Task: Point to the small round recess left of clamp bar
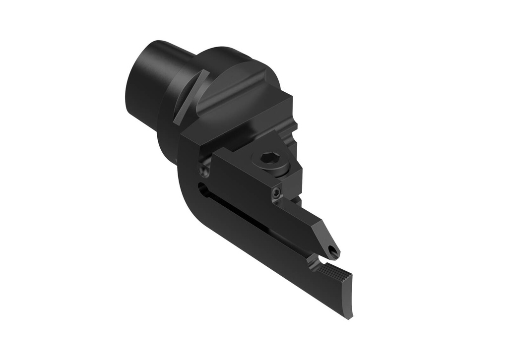pos(204,170)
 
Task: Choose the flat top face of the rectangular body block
pos(238,119)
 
